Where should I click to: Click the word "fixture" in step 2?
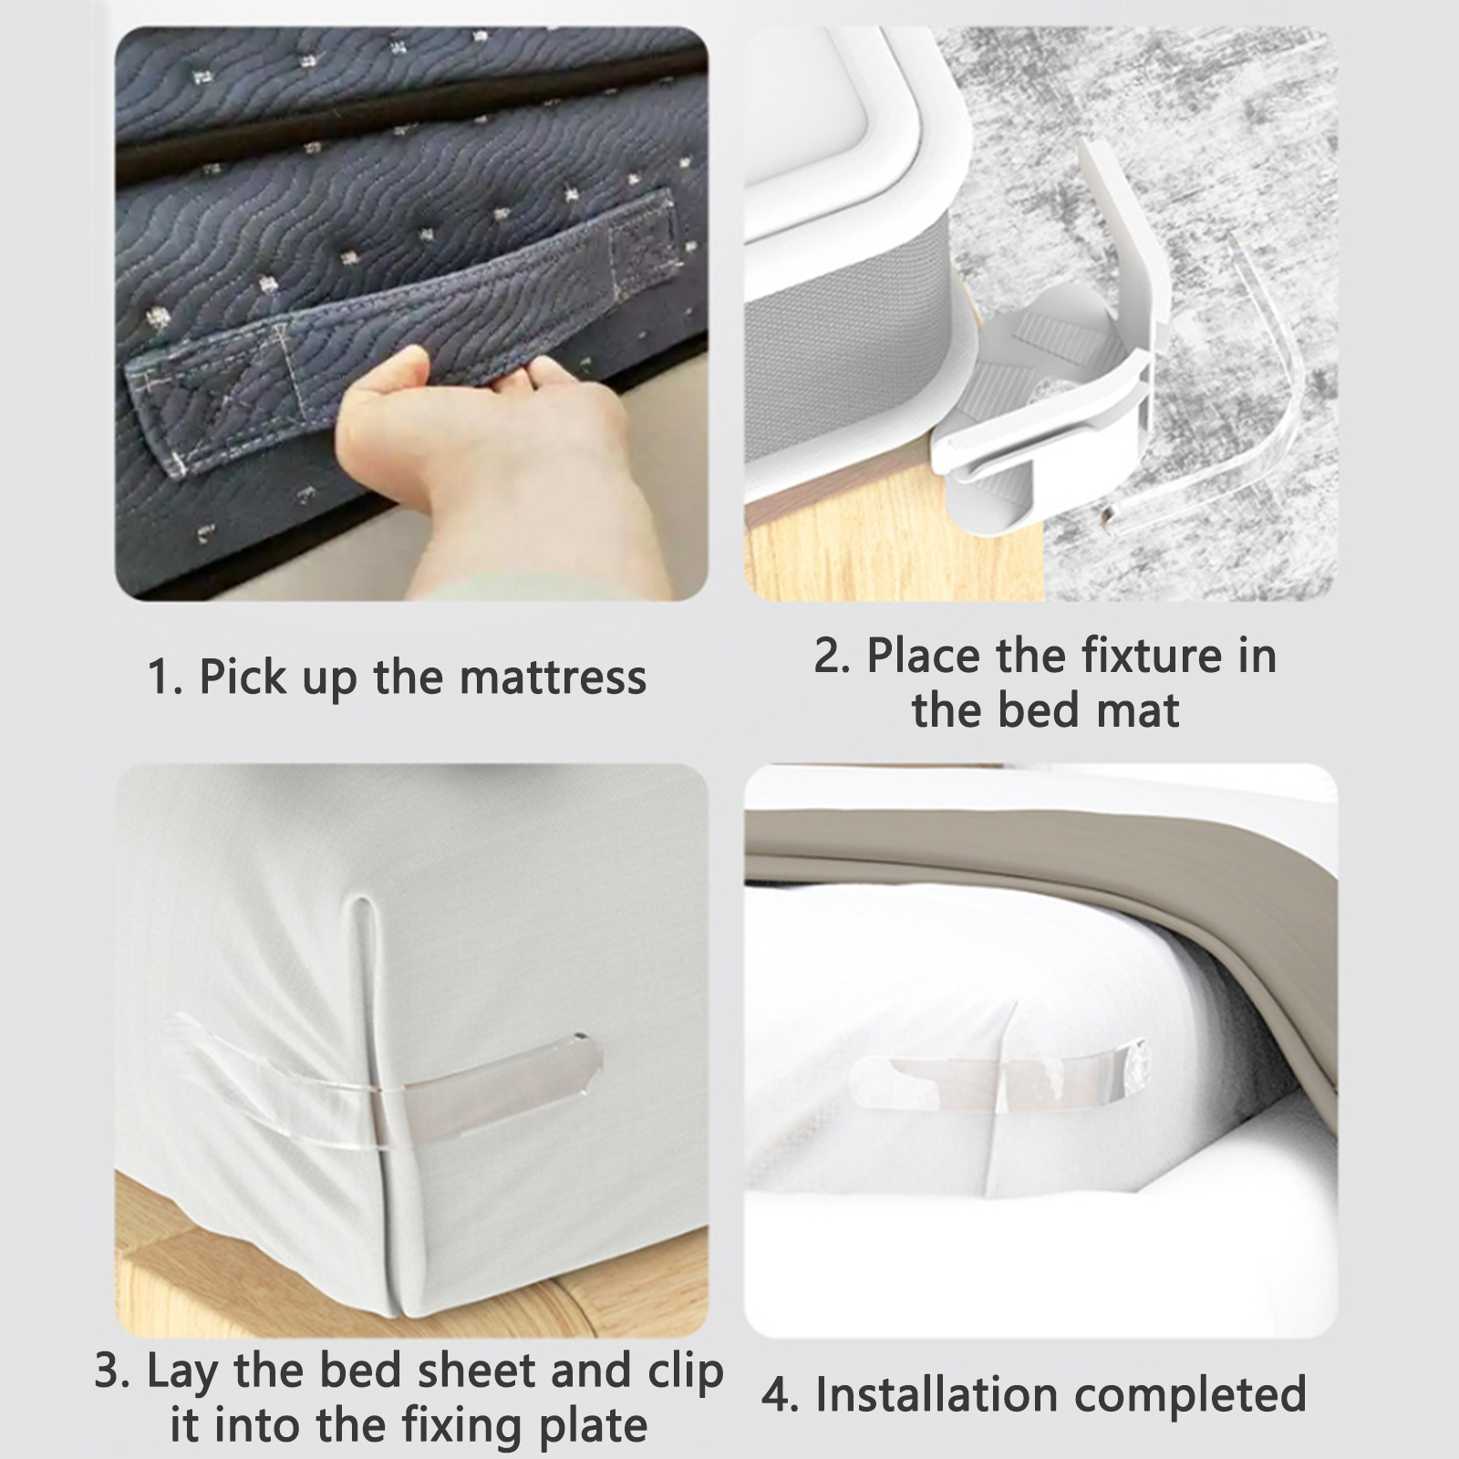[x=1140, y=655]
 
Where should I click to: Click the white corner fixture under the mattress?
[x=1049, y=383]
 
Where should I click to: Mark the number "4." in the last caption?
[x=781, y=1395]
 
